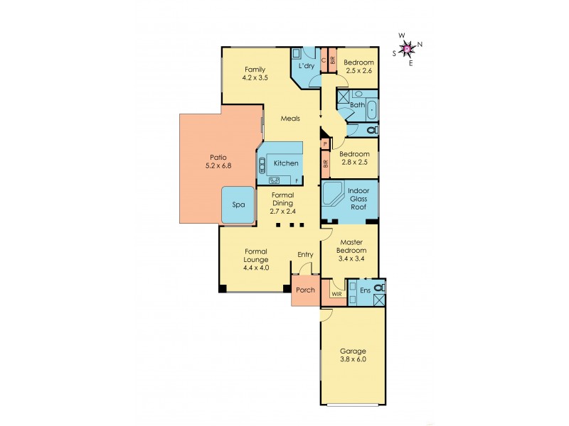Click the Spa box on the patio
tap(238, 205)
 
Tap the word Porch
tap(305, 290)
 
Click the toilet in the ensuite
tap(380, 288)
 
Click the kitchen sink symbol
tap(262, 164)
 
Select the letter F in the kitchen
tap(297, 180)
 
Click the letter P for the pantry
tap(325, 144)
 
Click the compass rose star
tap(408, 48)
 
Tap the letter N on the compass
tap(420, 45)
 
